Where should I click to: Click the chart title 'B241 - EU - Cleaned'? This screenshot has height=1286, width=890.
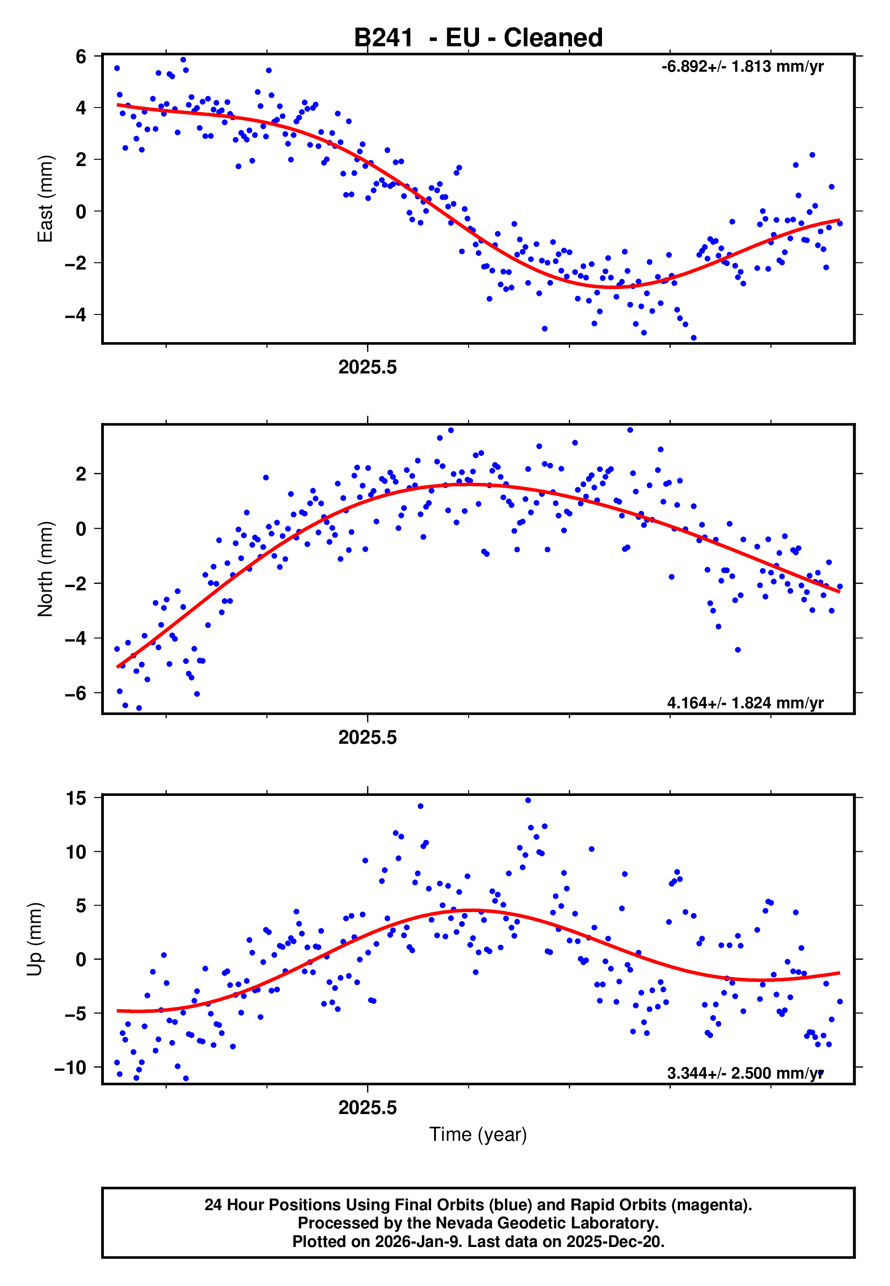tap(478, 38)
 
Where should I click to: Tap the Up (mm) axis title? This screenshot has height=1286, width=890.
tap(34, 939)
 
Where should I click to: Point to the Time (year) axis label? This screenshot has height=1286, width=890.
tap(478, 1134)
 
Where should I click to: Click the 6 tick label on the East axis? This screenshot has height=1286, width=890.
tap(81, 56)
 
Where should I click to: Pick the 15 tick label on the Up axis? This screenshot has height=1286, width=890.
tap(76, 798)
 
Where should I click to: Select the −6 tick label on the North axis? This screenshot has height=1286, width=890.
tap(76, 693)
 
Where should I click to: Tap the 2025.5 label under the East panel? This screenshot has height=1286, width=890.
tap(367, 368)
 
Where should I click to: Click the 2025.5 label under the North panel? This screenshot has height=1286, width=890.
tap(367, 738)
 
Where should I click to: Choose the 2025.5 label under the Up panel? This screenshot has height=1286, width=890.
tap(367, 1108)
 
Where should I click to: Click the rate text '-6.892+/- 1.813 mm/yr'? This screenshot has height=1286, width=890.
tap(742, 67)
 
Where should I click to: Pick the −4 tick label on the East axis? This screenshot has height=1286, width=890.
tap(76, 315)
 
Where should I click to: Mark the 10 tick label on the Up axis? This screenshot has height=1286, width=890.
tap(76, 852)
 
